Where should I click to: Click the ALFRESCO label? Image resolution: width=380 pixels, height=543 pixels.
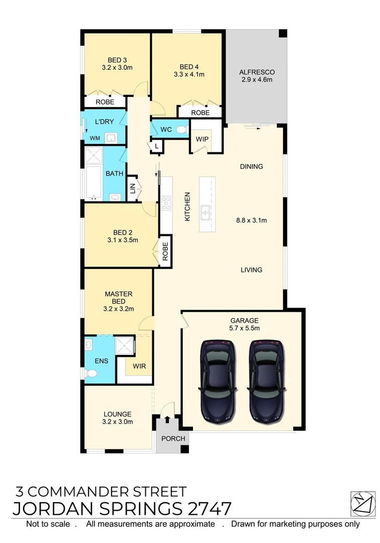point(256,72)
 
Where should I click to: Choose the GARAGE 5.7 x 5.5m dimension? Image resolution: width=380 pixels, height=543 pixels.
point(244,328)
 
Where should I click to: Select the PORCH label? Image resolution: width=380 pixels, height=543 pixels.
point(173,438)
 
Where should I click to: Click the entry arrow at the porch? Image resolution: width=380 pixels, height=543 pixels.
point(167,419)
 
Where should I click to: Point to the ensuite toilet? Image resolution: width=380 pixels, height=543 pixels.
point(90,373)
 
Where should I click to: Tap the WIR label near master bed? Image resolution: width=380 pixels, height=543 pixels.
point(139,366)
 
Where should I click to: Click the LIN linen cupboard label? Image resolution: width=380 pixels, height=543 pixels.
point(133,189)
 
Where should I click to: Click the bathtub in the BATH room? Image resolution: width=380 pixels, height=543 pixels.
point(93,182)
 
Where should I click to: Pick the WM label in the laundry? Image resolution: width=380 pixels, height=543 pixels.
point(94,138)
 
